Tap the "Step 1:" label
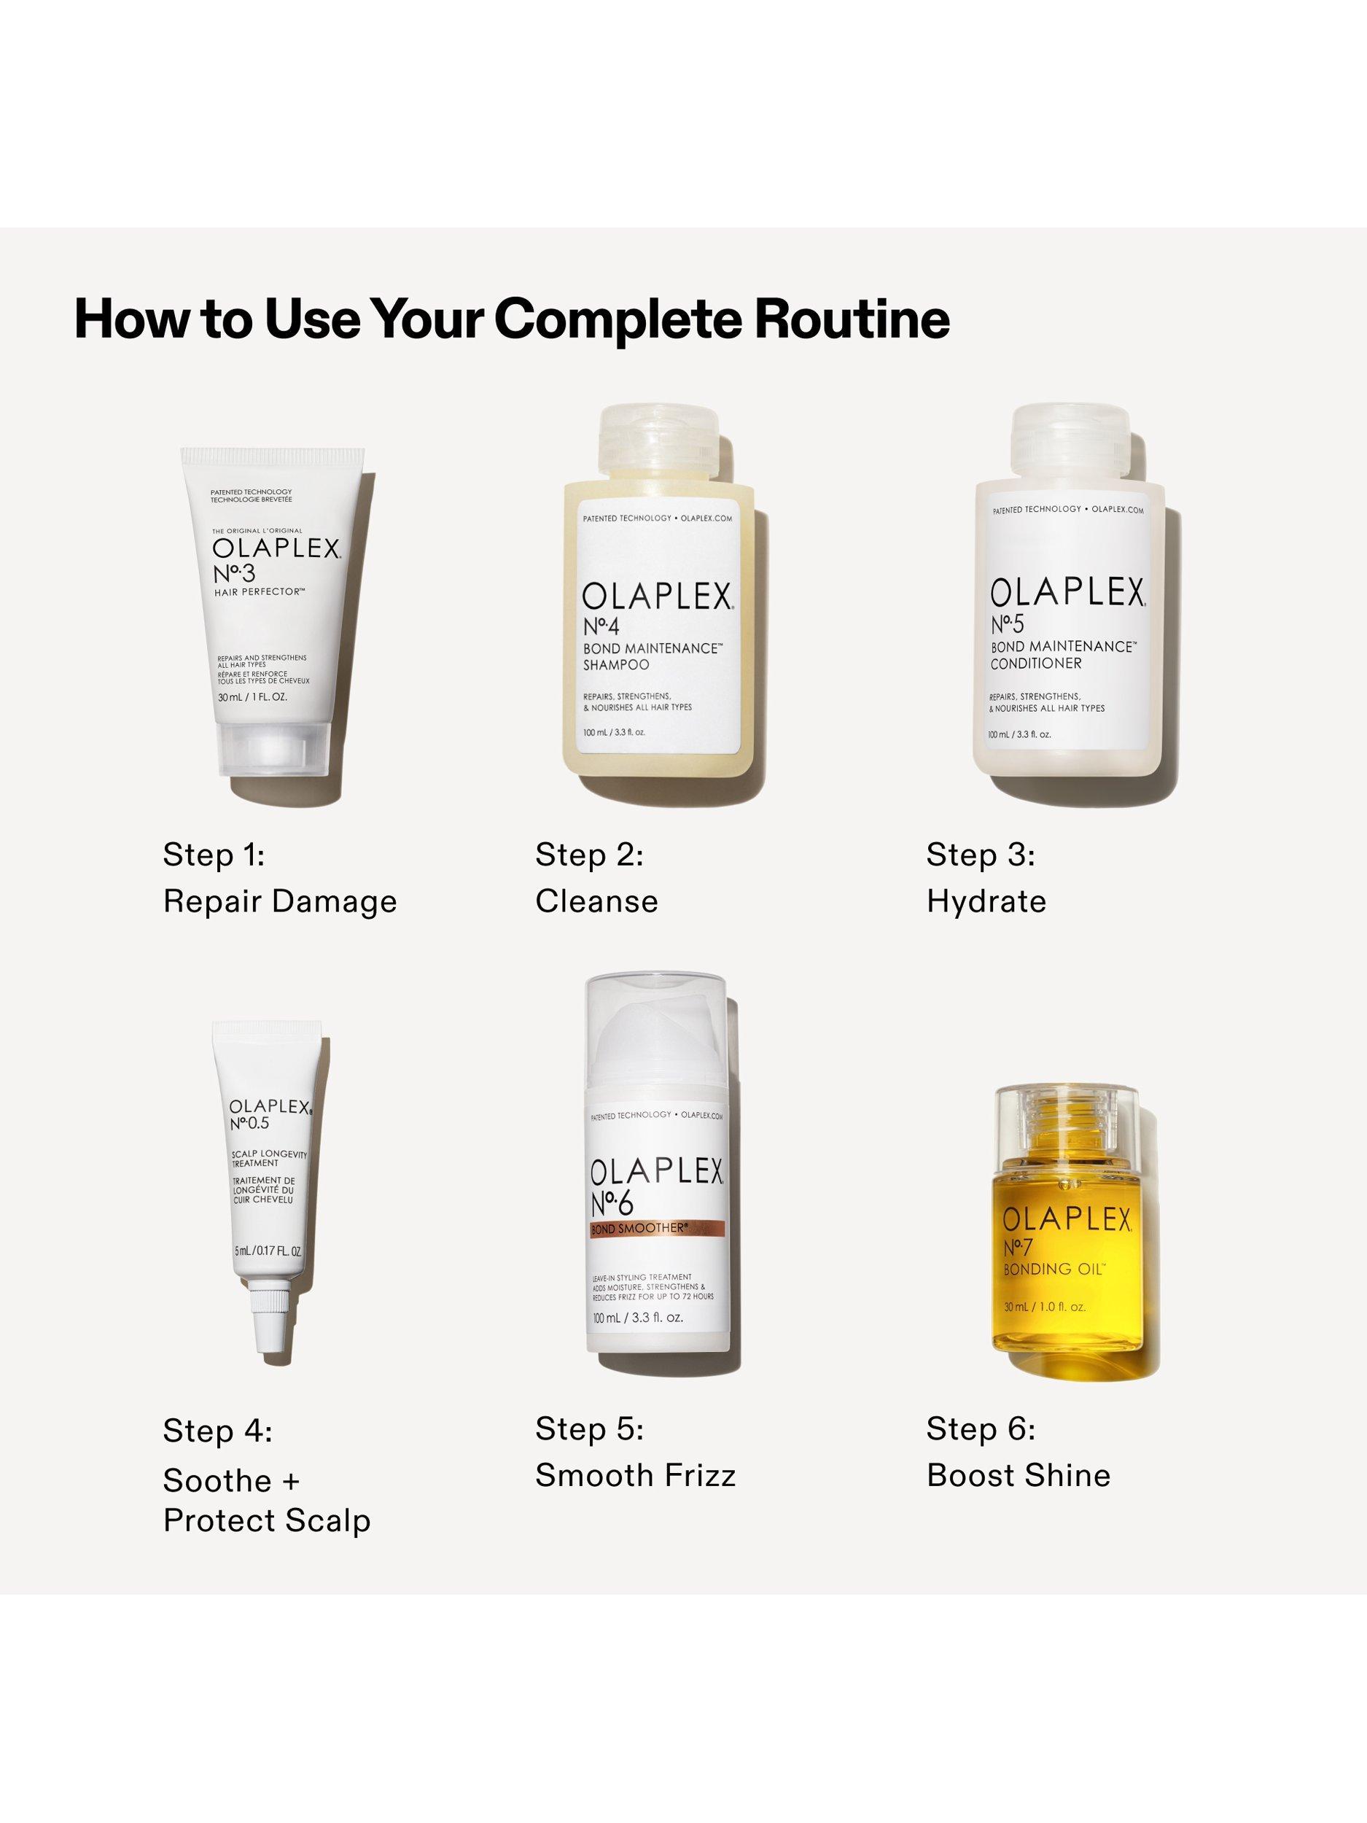click(x=214, y=855)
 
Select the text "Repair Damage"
click(x=280, y=901)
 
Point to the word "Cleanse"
click(x=596, y=901)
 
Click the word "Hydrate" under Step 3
click(x=986, y=901)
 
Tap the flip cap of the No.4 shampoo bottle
click(x=659, y=443)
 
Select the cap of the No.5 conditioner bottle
click(x=1070, y=443)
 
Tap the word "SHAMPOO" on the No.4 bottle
click(x=615, y=664)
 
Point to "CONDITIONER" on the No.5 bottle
click(x=1036, y=664)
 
